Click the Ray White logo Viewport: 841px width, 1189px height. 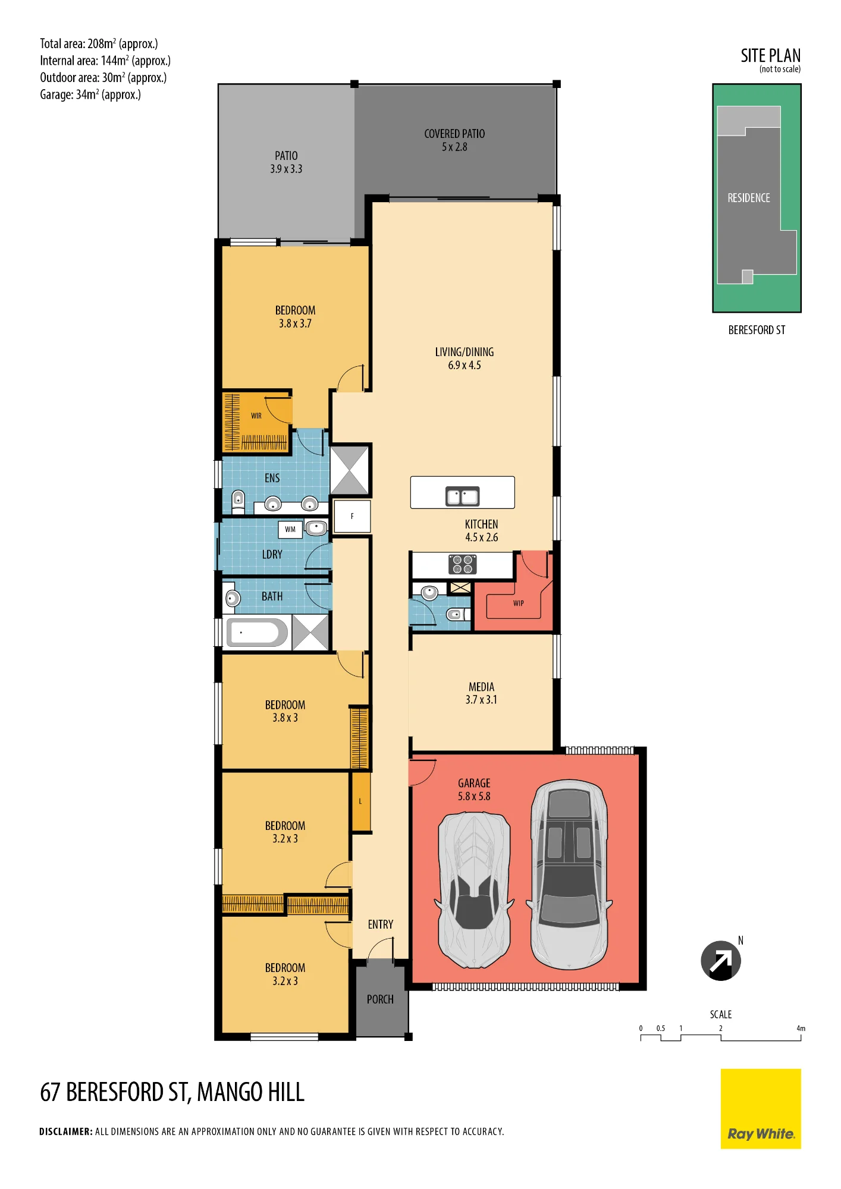point(761,1108)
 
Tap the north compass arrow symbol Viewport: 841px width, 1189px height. point(721,961)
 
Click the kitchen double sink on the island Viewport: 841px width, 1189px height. point(463,496)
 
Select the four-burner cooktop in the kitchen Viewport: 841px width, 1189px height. point(462,564)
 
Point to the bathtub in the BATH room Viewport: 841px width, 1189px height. point(257,633)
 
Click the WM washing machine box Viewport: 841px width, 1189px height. point(290,529)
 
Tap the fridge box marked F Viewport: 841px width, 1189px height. point(352,516)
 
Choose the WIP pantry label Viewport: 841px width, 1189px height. point(519,603)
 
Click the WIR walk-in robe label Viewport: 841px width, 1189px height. point(256,416)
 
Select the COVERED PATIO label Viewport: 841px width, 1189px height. point(454,140)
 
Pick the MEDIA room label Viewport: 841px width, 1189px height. point(481,693)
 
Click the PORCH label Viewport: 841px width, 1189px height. point(380,999)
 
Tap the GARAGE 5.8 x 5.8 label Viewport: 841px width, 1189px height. point(474,789)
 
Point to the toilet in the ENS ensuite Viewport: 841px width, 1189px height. point(238,501)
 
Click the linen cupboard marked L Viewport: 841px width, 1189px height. point(361,801)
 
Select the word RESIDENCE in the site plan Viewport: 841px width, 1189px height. point(749,198)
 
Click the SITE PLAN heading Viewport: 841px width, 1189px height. point(770,56)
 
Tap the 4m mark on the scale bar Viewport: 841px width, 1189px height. point(801,1028)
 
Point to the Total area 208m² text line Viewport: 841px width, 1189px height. point(99,43)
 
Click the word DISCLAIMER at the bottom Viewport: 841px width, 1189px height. point(65,1131)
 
